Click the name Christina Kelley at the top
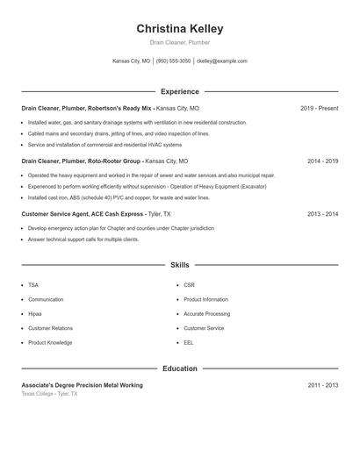coord(180,28)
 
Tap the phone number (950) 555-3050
coord(173,61)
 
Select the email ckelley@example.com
coord(222,61)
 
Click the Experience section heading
coord(180,91)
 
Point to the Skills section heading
coord(180,264)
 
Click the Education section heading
coord(180,368)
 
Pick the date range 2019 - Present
coord(319,109)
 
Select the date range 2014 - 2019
coord(322,161)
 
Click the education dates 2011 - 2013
coord(322,385)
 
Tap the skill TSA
coord(33,285)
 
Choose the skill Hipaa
coord(35,313)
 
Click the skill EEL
coord(189,342)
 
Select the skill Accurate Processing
coord(206,313)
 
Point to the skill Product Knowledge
coord(50,342)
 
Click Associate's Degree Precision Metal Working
coord(82,385)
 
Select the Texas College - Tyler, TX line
coord(49,394)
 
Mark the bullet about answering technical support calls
coord(83,239)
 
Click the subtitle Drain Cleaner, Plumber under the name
coord(180,42)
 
